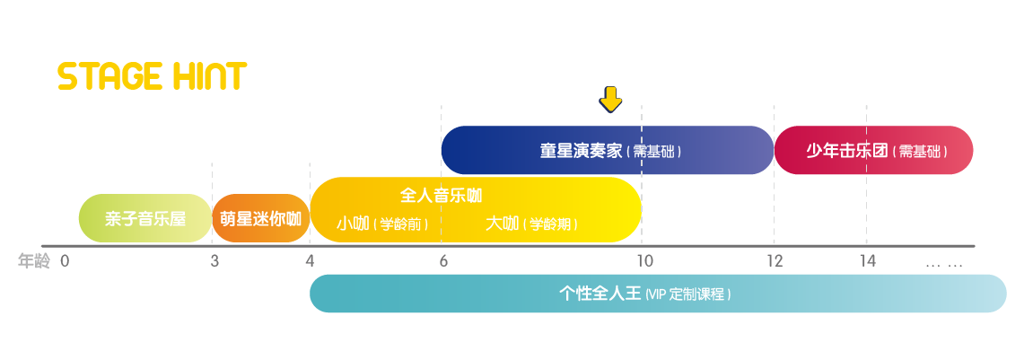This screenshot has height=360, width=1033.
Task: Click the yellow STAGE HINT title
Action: pos(153,76)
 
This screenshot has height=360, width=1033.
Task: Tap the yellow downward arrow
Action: pos(610,99)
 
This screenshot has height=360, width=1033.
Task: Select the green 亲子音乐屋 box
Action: pos(144,218)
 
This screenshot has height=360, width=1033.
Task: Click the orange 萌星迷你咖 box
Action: pos(261,218)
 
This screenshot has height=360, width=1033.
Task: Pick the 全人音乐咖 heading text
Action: pos(441,196)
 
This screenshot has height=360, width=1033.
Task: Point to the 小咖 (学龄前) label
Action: pos(382,224)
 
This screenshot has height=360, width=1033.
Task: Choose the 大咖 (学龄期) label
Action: pos(531,224)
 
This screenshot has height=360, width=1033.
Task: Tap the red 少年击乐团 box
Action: pos(873,150)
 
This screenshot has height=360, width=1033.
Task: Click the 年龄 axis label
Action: pos(33,262)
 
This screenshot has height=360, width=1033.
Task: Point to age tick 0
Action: pos(65,262)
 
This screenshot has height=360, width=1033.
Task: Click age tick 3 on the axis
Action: pos(214,262)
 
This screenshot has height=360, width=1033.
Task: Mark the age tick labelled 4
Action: pos(311,262)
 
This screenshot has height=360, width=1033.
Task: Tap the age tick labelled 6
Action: pos(443,262)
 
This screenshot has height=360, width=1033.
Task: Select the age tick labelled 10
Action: pos(644,262)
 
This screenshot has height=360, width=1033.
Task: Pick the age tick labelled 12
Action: pos(775,262)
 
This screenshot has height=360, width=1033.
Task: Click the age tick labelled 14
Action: pos(868,262)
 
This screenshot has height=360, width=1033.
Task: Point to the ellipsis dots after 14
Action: pos(944,265)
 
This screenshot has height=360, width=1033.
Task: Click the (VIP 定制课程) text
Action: pos(687,294)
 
